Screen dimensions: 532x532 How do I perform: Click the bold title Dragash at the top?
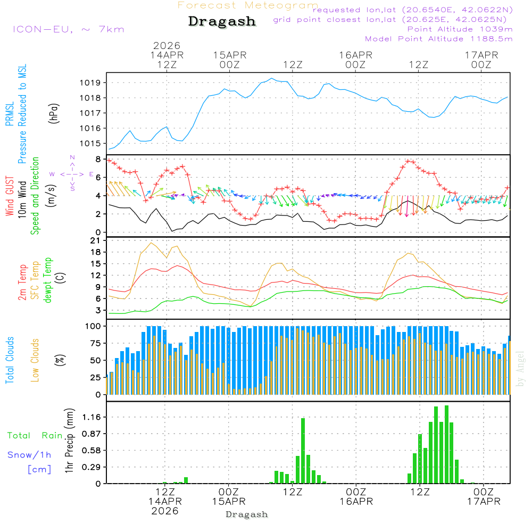tap(222, 22)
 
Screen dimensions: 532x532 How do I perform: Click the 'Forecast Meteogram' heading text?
tap(248, 5)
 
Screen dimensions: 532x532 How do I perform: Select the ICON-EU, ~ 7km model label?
tap(68, 29)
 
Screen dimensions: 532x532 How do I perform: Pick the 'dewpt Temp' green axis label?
tap(48, 280)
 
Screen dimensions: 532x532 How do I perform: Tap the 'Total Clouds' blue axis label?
tap(10, 360)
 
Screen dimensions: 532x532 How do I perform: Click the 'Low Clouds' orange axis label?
tap(35, 360)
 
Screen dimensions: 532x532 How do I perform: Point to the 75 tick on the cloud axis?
tap(95, 343)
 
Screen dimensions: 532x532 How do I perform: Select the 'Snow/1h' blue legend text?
tap(29, 455)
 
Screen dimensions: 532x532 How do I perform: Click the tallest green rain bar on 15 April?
tap(303, 450)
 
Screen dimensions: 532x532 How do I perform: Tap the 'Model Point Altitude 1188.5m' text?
tap(438, 39)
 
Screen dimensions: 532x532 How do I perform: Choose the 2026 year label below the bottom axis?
tap(165, 511)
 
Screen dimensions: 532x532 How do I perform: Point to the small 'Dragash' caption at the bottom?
tap(247, 514)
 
